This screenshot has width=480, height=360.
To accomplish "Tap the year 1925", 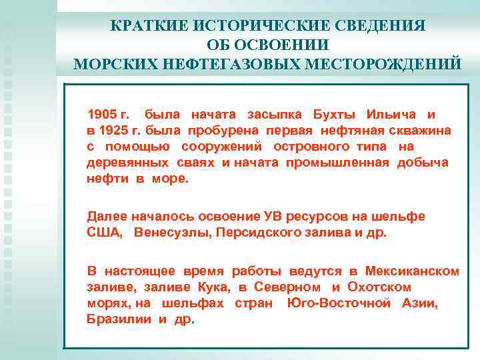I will click(x=113, y=131).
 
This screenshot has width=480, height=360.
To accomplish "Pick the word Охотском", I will click(x=382, y=287).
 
